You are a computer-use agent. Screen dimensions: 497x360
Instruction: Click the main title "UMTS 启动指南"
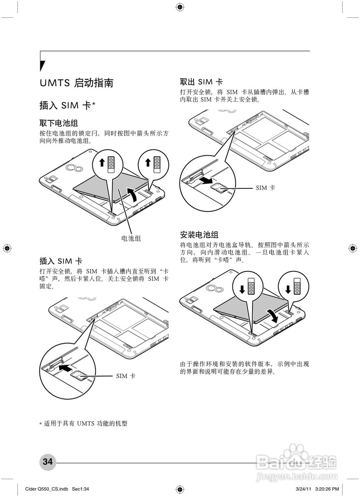[x=76, y=83]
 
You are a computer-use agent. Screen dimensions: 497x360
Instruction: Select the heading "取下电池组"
[x=59, y=123]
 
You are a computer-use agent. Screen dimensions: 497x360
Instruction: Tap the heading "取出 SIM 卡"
[x=201, y=82]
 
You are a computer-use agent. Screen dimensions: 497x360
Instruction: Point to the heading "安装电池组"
[x=199, y=235]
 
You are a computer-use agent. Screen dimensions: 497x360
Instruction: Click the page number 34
[x=48, y=462]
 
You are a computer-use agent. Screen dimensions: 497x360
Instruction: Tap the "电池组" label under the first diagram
[x=131, y=238]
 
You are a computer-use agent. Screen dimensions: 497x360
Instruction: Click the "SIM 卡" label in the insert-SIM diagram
[x=126, y=376]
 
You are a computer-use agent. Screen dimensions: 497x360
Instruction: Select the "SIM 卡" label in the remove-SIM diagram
[x=265, y=188]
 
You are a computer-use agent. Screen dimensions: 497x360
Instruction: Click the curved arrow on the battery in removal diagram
[x=133, y=194]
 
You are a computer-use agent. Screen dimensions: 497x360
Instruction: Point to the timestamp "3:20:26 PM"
[x=327, y=489]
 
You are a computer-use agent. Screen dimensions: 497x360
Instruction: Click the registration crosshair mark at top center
[x=180, y=7]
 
